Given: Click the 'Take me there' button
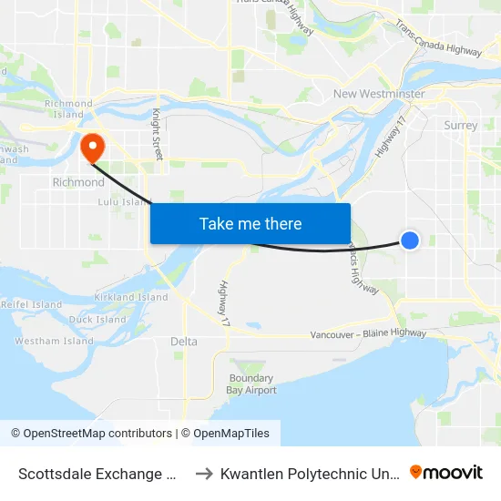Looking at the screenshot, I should [250, 223].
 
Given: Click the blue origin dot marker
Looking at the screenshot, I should [410, 240].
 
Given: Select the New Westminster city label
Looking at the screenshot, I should [379, 94].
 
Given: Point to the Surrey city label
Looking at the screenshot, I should [461, 126].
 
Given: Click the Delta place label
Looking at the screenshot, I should [183, 342].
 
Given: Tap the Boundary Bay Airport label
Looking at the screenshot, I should [252, 384].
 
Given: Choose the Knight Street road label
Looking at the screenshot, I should [157, 134].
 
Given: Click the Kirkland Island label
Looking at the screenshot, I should [131, 297].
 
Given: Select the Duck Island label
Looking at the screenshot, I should [97, 320].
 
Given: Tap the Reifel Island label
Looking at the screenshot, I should [31, 304].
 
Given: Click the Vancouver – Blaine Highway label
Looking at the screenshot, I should [368, 334].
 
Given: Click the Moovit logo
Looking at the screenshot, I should [446, 472].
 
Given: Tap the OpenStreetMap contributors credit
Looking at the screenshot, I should [91, 434].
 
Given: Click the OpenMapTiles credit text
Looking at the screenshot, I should [225, 434].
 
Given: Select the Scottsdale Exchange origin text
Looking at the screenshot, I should [97, 473].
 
